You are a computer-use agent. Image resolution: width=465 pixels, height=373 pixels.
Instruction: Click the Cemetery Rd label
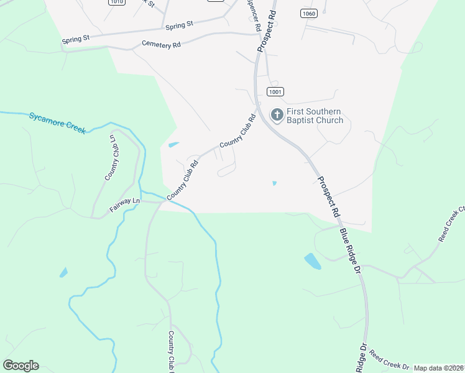coord(161,44)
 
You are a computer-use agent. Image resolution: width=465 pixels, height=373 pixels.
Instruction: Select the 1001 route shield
coord(275,91)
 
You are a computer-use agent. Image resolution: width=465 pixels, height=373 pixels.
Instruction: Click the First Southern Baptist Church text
coord(315,116)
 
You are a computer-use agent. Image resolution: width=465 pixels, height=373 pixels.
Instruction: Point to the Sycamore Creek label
coord(57,122)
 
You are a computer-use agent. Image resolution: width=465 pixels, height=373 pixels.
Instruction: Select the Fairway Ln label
coord(126,205)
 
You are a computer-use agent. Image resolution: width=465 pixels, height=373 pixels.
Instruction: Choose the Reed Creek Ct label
coord(451,224)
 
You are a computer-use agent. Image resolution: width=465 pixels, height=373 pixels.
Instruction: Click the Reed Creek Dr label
coord(389,360)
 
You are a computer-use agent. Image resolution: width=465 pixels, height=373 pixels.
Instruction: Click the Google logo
coord(21,365)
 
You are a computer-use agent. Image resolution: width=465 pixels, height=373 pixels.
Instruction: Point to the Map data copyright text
coord(439,368)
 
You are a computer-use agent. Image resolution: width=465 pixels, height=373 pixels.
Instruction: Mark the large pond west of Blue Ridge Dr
coord(313,261)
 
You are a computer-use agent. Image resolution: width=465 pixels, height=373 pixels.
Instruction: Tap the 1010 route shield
coord(116,2)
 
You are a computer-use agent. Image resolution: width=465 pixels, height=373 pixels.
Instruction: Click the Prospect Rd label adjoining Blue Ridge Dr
coord(328,196)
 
